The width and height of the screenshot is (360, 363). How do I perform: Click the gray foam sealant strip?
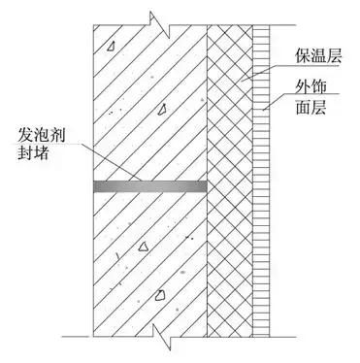(x=150, y=182)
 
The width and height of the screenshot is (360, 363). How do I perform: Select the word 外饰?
(x=307, y=89)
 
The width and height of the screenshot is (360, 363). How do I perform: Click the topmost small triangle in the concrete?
(x=113, y=46)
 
